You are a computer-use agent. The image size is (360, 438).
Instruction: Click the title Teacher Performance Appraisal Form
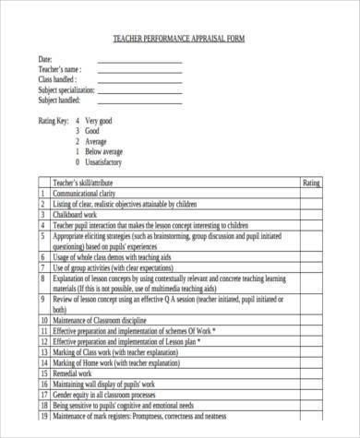[x=180, y=38]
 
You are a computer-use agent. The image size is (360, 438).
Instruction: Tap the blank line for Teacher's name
[x=139, y=70]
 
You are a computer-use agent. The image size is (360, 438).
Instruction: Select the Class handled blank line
[x=139, y=80]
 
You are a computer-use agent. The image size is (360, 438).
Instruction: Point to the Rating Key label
[x=53, y=121]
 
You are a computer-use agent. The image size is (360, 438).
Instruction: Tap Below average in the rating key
[x=103, y=151]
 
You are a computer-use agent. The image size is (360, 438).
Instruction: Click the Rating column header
[x=312, y=183]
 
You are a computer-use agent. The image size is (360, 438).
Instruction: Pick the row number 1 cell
[x=42, y=195]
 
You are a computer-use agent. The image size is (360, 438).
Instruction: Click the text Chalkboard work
[x=79, y=215]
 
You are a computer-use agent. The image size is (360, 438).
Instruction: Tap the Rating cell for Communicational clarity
[x=312, y=195]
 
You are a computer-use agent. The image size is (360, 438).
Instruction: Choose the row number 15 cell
[x=42, y=373]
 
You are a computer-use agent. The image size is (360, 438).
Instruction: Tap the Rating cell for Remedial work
[x=312, y=373]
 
